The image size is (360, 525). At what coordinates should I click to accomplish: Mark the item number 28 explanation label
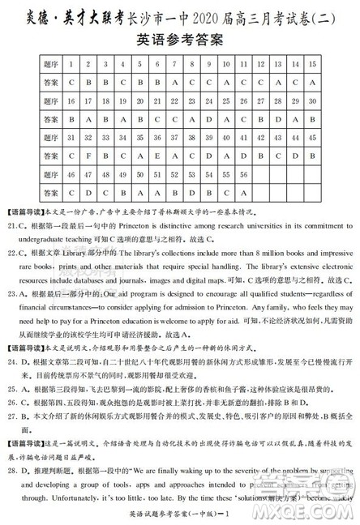point(15,467)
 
